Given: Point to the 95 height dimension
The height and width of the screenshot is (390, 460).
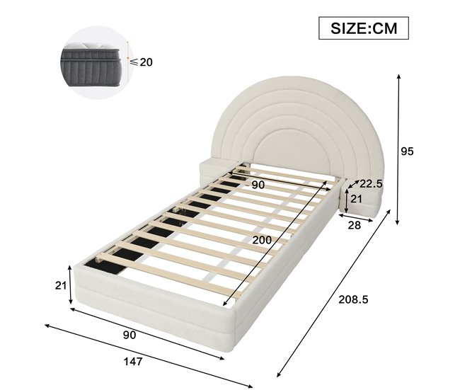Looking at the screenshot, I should (406, 151).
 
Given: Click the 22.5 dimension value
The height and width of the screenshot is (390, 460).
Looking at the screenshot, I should (369, 183).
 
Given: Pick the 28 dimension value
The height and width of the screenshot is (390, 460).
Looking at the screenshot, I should (354, 225).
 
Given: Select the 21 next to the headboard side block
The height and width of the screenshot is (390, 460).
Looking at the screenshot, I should (356, 200).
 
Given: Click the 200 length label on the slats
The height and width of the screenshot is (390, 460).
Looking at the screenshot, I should (262, 241).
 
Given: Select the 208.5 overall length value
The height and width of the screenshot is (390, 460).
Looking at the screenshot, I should (354, 299).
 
